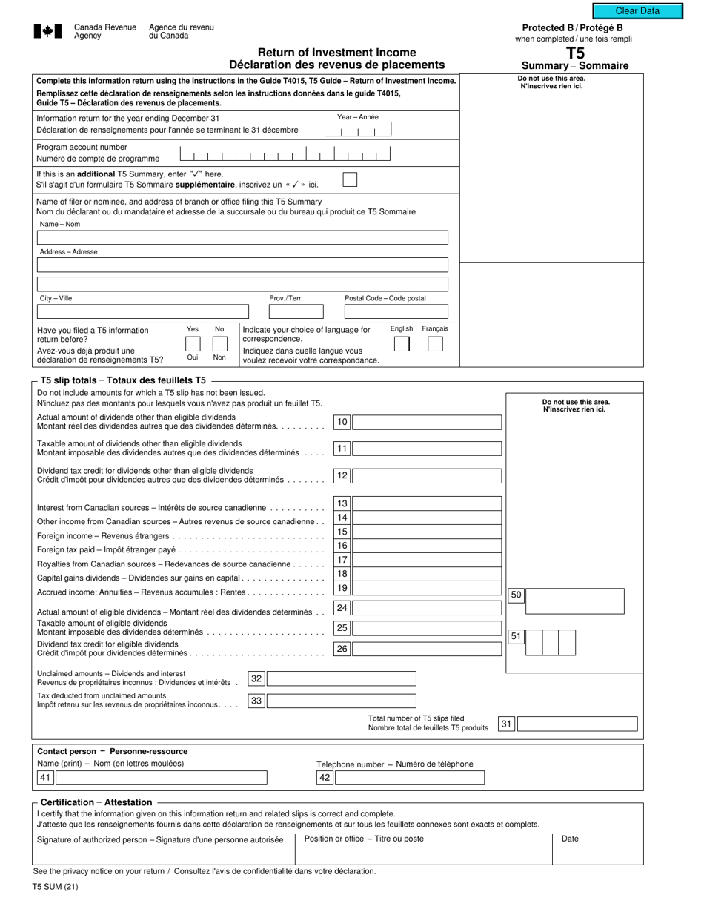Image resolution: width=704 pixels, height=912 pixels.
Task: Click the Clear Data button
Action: coord(637,11)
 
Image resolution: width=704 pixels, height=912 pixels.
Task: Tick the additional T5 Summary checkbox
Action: coord(350,179)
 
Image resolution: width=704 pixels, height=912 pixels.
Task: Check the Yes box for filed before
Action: coord(193,344)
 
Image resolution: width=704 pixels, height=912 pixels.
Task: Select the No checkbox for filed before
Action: coord(219,344)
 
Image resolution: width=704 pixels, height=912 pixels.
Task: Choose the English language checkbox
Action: coord(402,344)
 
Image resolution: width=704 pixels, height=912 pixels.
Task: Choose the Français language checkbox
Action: coord(436,344)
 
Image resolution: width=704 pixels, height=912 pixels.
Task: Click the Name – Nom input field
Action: coord(242,238)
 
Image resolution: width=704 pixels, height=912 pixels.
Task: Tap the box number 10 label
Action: coord(342,423)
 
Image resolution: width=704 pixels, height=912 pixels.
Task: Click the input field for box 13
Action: coord(428,504)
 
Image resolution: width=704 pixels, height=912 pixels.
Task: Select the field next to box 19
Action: coord(428,589)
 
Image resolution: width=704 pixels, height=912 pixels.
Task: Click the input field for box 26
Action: coord(428,650)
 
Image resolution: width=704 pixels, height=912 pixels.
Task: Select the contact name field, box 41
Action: coord(162,778)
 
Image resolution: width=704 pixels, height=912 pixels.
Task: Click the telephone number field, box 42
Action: coord(410,778)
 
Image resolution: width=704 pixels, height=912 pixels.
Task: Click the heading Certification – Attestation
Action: coord(96,802)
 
